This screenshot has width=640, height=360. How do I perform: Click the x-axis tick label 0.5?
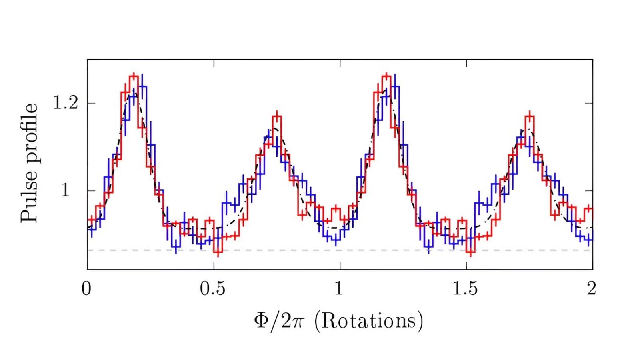pyautogui.click(x=213, y=288)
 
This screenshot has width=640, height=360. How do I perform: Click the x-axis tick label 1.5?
pyautogui.click(x=465, y=288)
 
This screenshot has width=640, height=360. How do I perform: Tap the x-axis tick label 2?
pyautogui.click(x=592, y=288)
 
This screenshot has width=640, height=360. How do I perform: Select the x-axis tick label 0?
pyautogui.click(x=86, y=288)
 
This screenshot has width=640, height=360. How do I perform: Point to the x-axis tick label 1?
pyautogui.click(x=339, y=288)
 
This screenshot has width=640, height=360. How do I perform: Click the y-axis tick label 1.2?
pyautogui.click(x=66, y=103)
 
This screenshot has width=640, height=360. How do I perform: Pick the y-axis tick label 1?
pyautogui.click(x=65, y=190)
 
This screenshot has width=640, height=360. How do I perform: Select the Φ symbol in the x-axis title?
pyautogui.click(x=261, y=321)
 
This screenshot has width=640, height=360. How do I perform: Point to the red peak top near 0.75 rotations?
pyautogui.click(x=277, y=116)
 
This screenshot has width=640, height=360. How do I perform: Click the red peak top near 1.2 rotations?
pyautogui.click(x=386, y=76)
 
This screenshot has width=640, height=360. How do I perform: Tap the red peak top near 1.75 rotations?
pyautogui.click(x=530, y=116)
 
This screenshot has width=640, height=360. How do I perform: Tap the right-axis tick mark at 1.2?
pyautogui.click(x=589, y=103)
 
